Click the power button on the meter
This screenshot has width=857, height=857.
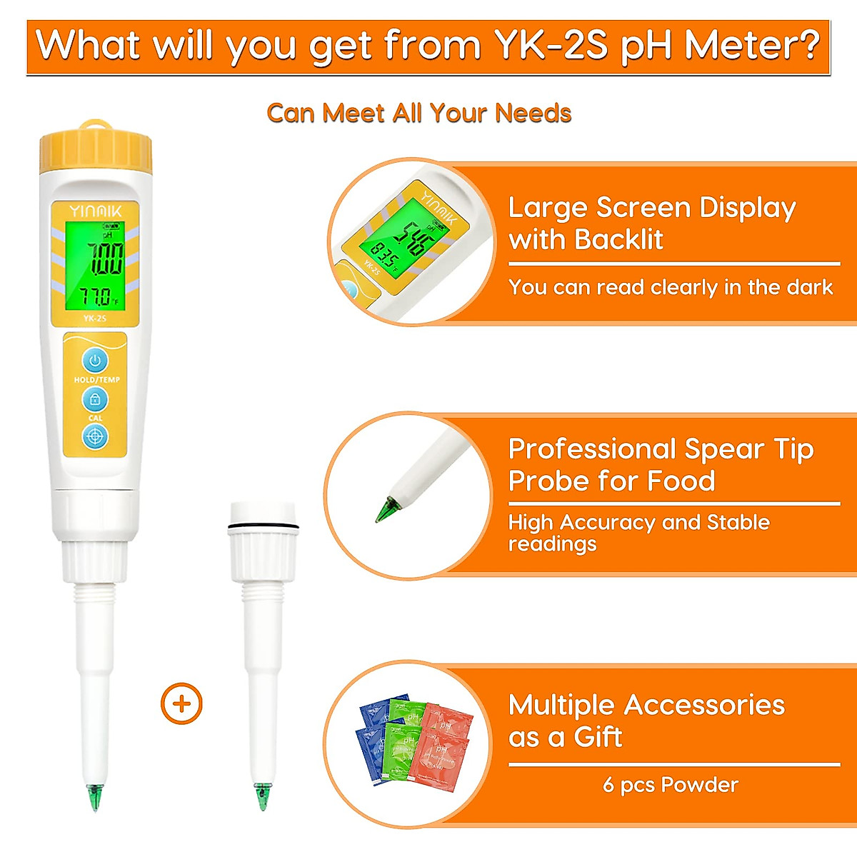click(95, 360)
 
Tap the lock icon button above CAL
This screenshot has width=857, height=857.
click(95, 399)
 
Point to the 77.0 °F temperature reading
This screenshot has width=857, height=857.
click(96, 296)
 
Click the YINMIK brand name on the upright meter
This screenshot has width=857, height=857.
click(96, 211)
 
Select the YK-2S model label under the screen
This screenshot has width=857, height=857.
click(94, 319)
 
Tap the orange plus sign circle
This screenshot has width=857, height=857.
click(181, 704)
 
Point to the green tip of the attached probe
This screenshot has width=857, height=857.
click(94, 796)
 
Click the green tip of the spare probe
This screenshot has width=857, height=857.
click(262, 796)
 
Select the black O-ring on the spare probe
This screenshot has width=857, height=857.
click(262, 528)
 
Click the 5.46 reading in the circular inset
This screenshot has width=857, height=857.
click(412, 236)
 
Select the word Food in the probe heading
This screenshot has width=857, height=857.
click(678, 481)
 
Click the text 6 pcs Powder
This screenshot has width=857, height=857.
click(670, 785)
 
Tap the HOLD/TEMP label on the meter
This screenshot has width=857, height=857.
click(96, 380)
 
